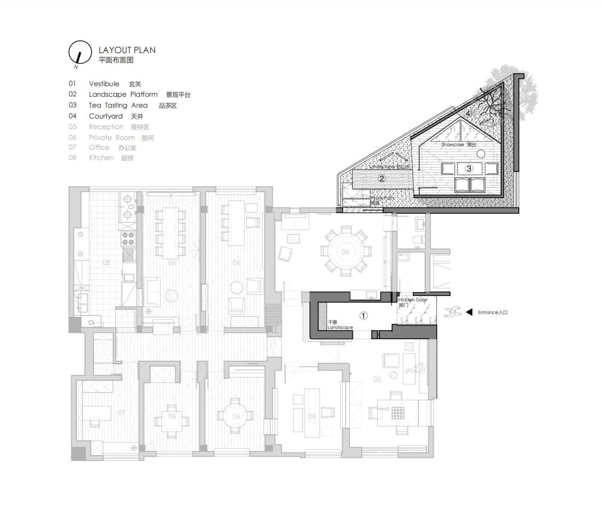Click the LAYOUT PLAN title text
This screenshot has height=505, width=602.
pos(127,50)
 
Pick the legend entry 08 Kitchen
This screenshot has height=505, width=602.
pos(101,158)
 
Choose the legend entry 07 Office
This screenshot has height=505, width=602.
pos(103,148)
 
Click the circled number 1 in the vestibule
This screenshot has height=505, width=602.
pos(364,316)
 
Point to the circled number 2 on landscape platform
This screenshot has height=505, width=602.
pos(382,179)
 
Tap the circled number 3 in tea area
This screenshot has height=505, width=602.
pos(468,168)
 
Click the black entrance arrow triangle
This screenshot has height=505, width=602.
pos(469,312)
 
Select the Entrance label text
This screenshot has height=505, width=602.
pos(492,312)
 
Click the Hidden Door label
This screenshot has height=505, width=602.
pos(412,300)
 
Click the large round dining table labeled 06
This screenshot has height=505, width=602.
pos(345,251)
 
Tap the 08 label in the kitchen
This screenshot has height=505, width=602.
pos(106,263)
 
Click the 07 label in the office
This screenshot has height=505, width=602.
pos(121,412)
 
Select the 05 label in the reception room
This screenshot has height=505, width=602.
pos(377,379)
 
